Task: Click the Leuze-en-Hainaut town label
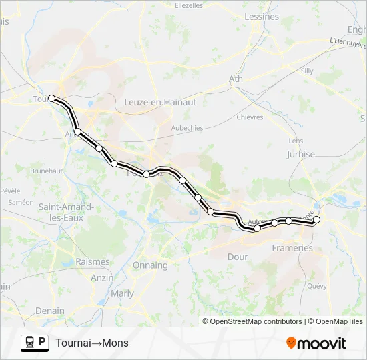pyautogui.click(x=160, y=102)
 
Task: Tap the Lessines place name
pyautogui.click(x=262, y=17)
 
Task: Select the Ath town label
pyautogui.click(x=236, y=79)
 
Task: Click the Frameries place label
pyautogui.click(x=292, y=248)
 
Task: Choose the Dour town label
pyautogui.click(x=238, y=257)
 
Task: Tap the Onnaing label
pyautogui.click(x=150, y=265)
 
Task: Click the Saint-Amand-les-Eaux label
pyautogui.click(x=65, y=212)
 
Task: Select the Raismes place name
pyautogui.click(x=92, y=262)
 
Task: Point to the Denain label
pyautogui.click(x=50, y=311)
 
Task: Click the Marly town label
pyautogui.click(x=122, y=293)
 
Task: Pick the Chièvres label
pyautogui.click(x=250, y=117)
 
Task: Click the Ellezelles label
pyautogui.click(x=188, y=5)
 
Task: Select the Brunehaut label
pyautogui.click(x=46, y=171)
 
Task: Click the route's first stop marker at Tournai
pyautogui.click(x=51, y=98)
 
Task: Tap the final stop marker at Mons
pyautogui.click(x=317, y=219)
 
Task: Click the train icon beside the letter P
pyautogui.click(x=30, y=343)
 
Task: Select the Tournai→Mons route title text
pyautogui.click(x=92, y=343)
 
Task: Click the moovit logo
pyautogui.click(x=316, y=343)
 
